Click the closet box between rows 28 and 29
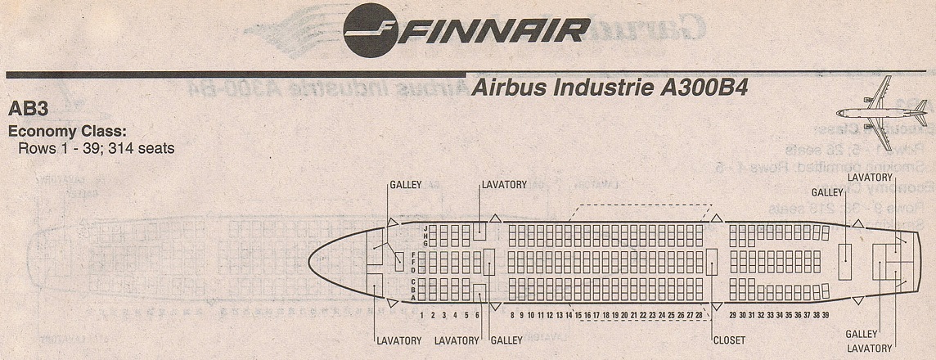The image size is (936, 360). coord(712,262)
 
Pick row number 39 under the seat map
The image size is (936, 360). coord(826,315)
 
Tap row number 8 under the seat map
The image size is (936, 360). coord(512,315)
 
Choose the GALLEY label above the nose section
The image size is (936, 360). coord(406,185)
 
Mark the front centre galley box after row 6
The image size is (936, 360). coord(488,262)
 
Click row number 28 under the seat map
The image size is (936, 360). coord(699,315)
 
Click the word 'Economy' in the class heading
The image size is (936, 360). coord(38,132)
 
